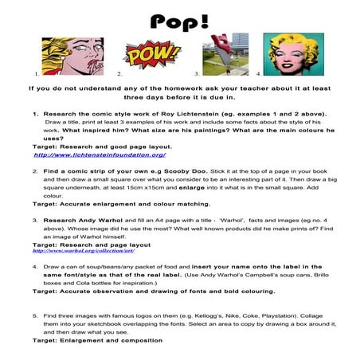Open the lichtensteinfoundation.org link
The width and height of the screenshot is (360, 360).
pos(93,155)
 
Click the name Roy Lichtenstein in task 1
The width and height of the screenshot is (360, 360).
pos(186,114)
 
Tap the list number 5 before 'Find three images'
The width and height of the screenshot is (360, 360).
pos(35,316)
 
